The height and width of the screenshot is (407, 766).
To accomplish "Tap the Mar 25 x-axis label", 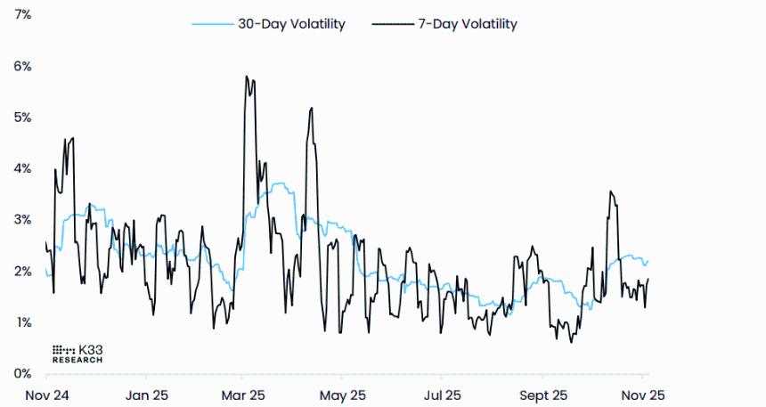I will (x=243, y=393).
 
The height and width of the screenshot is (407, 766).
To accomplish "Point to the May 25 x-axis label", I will (x=343, y=393).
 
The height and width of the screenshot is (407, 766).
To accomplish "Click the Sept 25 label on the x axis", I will (x=543, y=393).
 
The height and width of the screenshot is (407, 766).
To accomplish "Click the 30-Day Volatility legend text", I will (x=290, y=24).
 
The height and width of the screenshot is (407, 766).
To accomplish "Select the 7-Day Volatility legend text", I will (x=467, y=24).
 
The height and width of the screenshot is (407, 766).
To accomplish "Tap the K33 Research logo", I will (x=77, y=354).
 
